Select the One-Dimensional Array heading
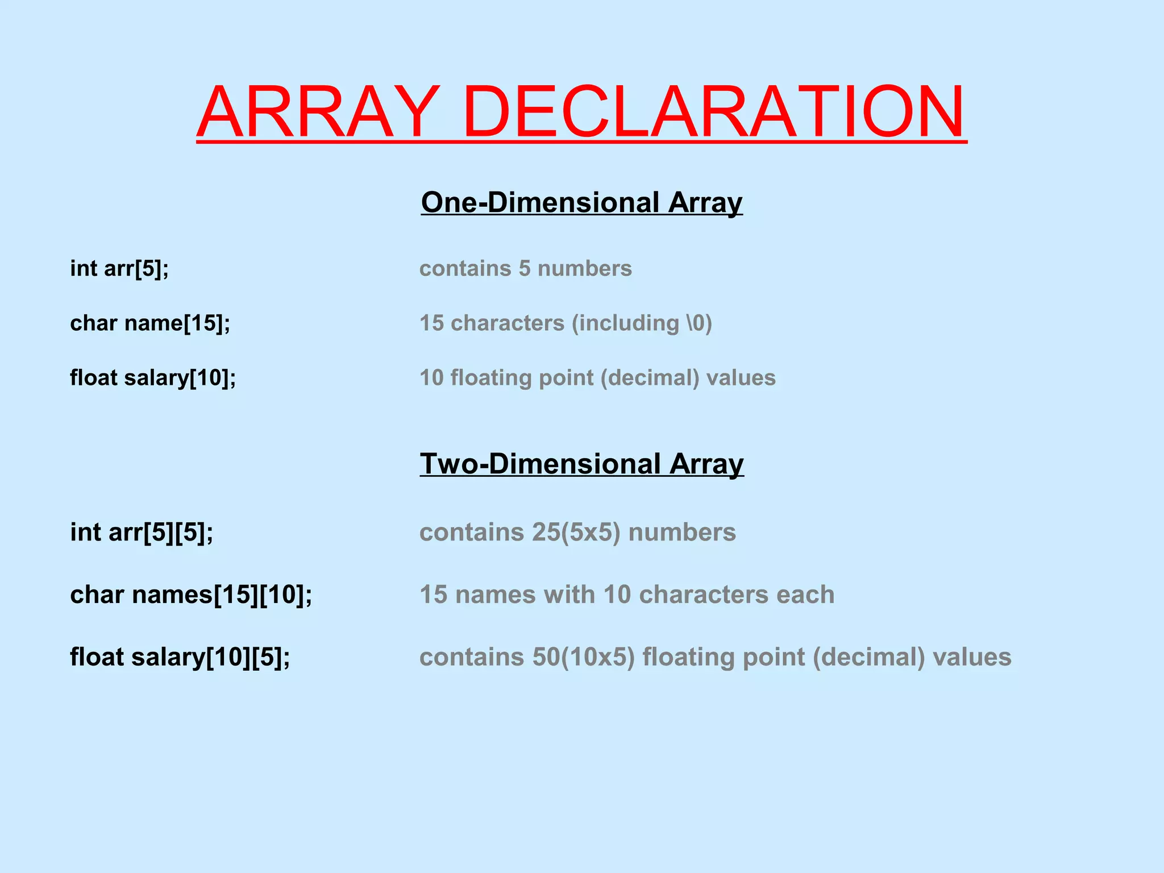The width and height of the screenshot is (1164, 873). pyautogui.click(x=581, y=202)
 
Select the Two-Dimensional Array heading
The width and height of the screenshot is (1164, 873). pyautogui.click(x=581, y=464)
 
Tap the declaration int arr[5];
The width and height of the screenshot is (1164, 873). pyautogui.click(x=119, y=268)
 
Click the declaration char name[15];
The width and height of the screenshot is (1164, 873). pyautogui.click(x=150, y=323)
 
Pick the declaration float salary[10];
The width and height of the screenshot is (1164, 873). pyautogui.click(x=153, y=377)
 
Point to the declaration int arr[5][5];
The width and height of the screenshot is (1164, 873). pyautogui.click(x=142, y=533)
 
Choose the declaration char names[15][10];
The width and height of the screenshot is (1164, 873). pyautogui.click(x=191, y=595)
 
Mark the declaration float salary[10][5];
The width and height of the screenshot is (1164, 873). pyautogui.click(x=180, y=657)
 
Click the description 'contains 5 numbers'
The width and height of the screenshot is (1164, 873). pyautogui.click(x=525, y=268)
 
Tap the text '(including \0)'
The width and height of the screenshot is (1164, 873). pyautogui.click(x=642, y=323)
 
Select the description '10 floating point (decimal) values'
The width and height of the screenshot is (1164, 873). pyautogui.click(x=597, y=377)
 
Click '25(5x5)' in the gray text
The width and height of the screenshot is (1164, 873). pyautogui.click(x=576, y=533)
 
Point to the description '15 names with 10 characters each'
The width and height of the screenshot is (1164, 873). pyautogui.click(x=627, y=595)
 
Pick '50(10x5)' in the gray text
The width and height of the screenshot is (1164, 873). pyautogui.click(x=583, y=657)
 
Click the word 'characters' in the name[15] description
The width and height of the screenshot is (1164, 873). pyautogui.click(x=508, y=323)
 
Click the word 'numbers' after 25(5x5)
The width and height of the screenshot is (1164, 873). pyautogui.click(x=682, y=533)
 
